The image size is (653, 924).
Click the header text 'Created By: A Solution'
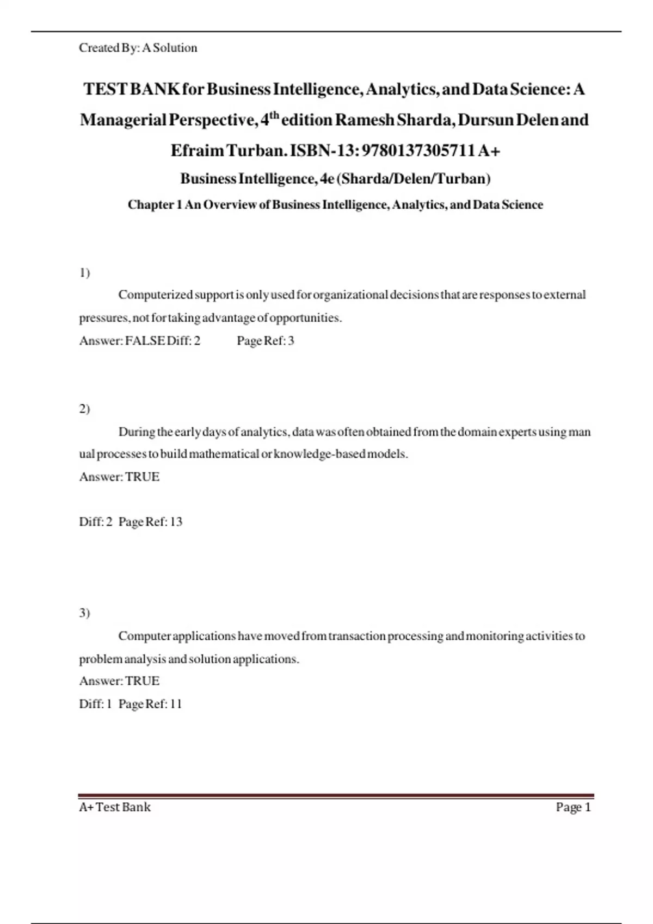click(x=138, y=48)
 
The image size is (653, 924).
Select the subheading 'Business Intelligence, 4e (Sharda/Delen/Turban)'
click(x=335, y=178)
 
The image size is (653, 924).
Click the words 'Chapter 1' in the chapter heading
click(x=155, y=205)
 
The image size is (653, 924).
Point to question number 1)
click(x=84, y=272)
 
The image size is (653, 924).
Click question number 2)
click(x=84, y=409)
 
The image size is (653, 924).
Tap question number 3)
click(x=84, y=613)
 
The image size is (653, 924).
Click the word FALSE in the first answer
click(x=145, y=341)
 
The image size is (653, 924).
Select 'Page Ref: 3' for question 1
click(x=266, y=341)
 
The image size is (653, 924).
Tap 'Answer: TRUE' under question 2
click(x=119, y=477)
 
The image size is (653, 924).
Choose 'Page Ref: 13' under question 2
click(x=150, y=522)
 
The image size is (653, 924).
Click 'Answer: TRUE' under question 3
click(x=119, y=681)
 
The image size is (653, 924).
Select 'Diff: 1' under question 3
click(x=95, y=704)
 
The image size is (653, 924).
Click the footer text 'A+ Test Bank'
click(x=115, y=807)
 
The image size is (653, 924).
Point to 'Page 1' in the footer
click(x=573, y=807)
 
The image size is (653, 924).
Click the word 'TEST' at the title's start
click(x=104, y=89)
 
